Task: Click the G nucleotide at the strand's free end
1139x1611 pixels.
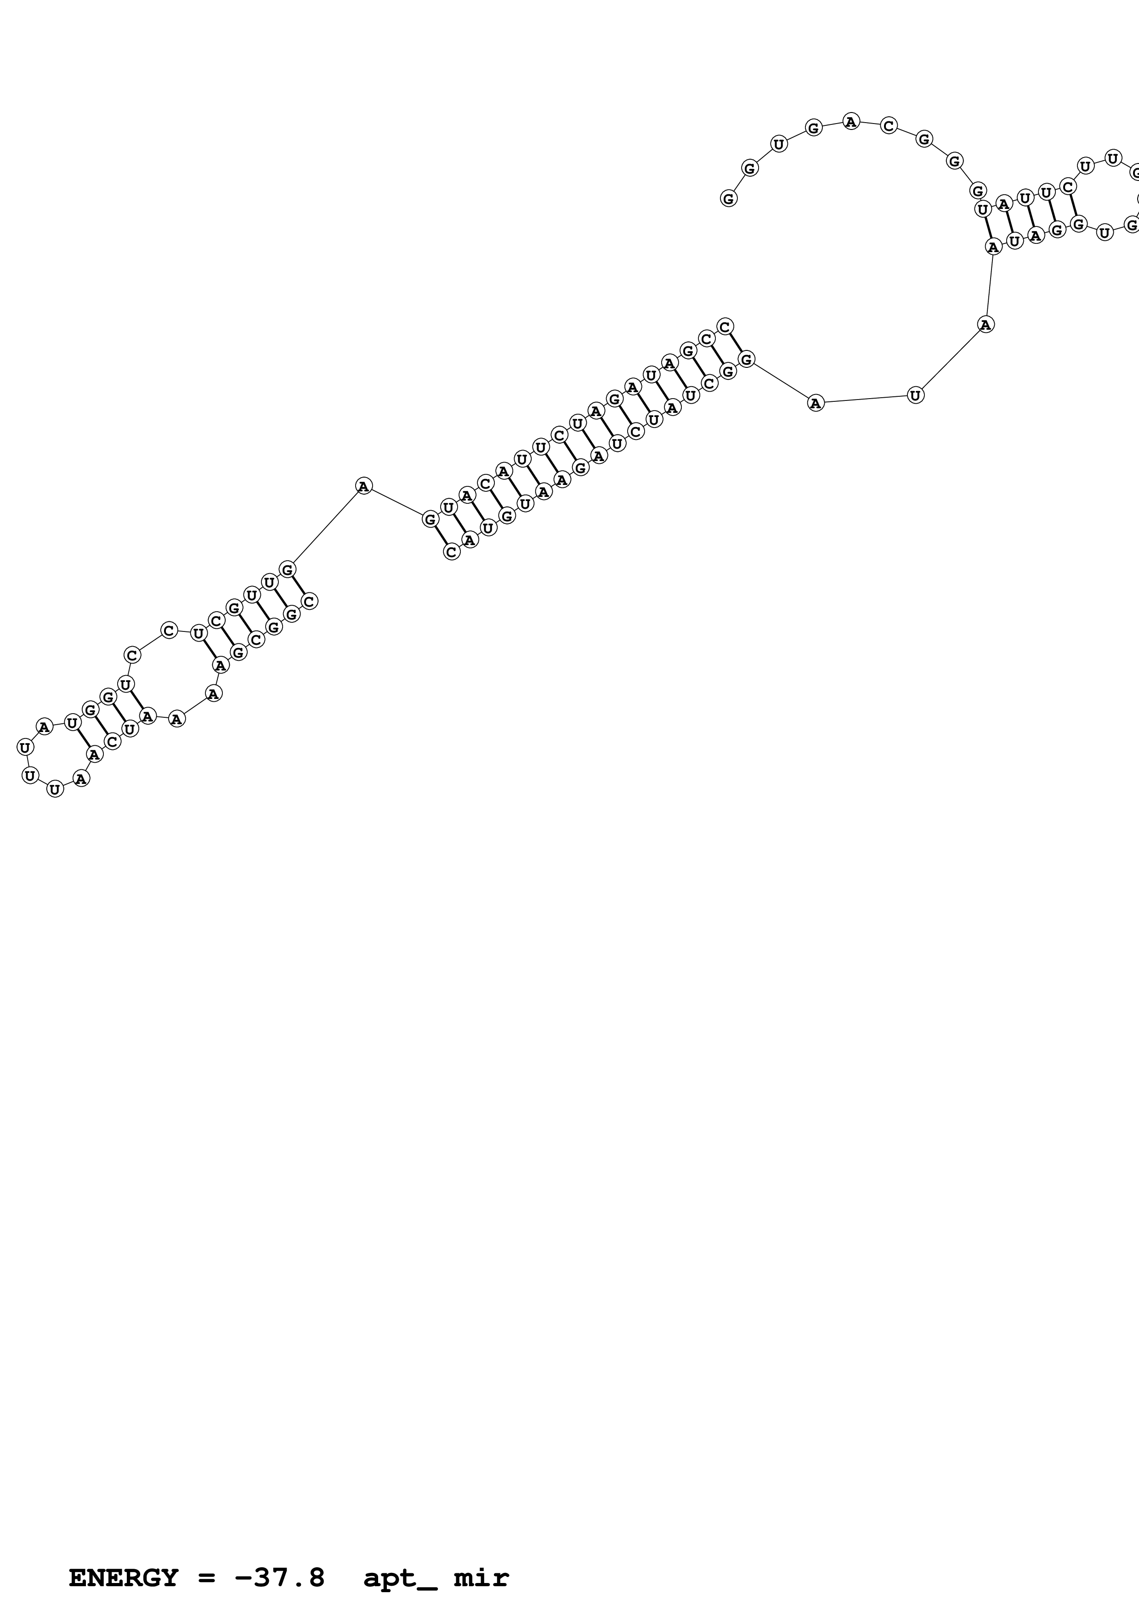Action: coord(728,198)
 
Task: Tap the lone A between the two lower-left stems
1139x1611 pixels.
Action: coord(363,485)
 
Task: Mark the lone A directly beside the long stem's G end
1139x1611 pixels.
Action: coord(815,404)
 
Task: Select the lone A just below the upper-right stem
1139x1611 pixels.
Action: coord(986,324)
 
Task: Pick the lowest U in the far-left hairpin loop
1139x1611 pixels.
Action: coord(55,789)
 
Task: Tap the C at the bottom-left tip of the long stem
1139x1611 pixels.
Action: coord(452,552)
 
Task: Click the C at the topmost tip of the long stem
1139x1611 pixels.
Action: coord(725,326)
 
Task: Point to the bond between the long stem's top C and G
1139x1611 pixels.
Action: coord(736,343)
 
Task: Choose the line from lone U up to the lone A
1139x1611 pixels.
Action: coord(951,359)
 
